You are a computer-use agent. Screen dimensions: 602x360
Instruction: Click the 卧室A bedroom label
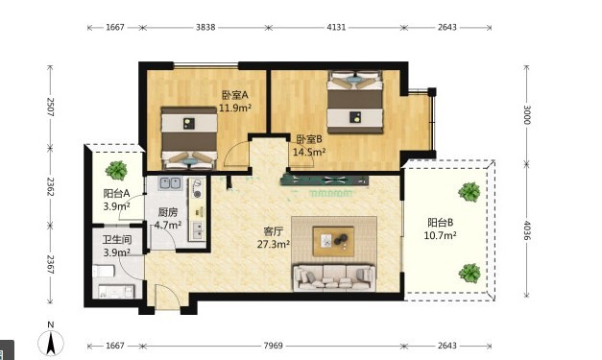pos(235,95)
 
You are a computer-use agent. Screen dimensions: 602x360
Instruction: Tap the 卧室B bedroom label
pos(308,139)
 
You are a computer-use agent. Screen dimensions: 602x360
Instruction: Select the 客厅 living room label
pos(273,231)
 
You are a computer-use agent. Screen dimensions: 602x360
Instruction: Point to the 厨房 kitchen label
pos(168,212)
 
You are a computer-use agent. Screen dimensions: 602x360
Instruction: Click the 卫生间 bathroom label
pos(117,240)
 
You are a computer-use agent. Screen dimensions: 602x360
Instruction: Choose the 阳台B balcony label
pos(440,223)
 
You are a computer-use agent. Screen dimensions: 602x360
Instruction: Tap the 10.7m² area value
pos(440,235)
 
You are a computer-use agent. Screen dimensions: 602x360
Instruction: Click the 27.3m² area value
pos(274,244)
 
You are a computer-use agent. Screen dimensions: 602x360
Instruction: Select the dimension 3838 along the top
pos(205,27)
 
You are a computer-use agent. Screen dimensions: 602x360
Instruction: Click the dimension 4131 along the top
pos(336,27)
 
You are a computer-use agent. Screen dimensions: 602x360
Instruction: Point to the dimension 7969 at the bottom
pos(273,346)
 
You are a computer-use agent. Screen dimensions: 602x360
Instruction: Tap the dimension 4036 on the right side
pos(527,230)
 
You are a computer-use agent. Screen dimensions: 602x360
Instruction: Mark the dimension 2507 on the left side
pos(50,108)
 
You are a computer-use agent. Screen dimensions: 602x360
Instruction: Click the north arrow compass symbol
pos(51,341)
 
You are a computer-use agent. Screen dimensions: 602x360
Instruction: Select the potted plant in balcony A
pos(116,171)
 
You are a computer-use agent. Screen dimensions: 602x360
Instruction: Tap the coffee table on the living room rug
pos(333,241)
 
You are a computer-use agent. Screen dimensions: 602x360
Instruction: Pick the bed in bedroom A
pos(189,138)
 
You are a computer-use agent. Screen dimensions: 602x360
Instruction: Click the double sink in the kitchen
pos(171,183)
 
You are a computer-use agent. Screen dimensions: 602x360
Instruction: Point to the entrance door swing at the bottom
pos(168,297)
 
